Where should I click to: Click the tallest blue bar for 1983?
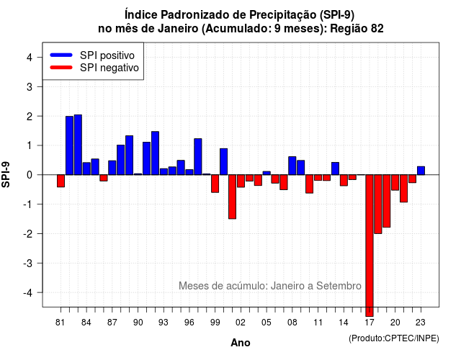point(78,145)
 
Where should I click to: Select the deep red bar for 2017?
point(370,246)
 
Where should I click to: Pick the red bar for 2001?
point(232,197)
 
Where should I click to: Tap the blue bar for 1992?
point(156,153)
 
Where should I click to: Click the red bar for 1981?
point(61,181)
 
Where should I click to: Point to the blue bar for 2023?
point(421,171)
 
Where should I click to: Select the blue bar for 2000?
point(224,161)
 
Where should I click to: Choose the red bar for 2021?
point(403,189)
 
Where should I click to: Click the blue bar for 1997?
point(198,157)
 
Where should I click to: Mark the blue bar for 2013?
point(335,168)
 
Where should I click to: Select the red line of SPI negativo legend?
point(61,68)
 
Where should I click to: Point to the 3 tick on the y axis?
point(40,86)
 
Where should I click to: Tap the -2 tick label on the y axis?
point(28,234)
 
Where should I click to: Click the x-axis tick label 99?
point(215,323)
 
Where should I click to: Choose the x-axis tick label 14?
point(343,323)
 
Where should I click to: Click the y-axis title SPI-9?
point(6,174)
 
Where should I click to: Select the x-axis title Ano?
point(241,343)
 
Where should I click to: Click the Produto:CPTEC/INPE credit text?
point(394,338)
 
